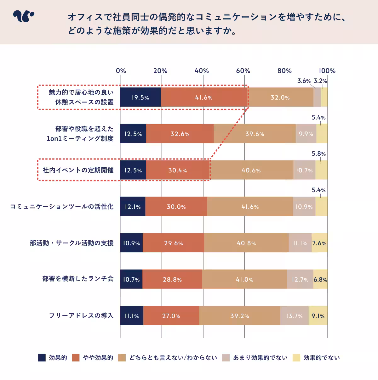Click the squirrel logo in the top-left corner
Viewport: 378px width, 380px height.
(23, 17)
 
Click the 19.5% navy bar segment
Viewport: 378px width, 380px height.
(140, 98)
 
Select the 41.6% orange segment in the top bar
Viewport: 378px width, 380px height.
(204, 98)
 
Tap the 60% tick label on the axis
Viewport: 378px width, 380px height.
(243, 71)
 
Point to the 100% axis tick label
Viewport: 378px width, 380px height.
(327, 71)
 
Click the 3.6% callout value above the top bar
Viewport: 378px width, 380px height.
(304, 81)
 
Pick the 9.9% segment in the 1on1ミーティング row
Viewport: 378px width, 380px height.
(306, 134)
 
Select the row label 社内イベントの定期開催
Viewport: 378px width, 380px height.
(78, 170)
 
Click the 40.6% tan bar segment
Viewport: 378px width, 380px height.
(251, 170)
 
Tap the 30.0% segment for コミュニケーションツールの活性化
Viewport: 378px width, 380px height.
(176, 207)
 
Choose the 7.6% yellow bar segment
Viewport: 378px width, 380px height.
(319, 243)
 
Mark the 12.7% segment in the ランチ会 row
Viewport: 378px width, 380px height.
(300, 279)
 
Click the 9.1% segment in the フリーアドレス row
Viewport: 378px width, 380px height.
(318, 316)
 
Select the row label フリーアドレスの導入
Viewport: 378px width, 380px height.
(81, 316)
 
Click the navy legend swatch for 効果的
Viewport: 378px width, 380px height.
(42, 358)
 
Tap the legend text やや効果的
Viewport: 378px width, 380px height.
(98, 358)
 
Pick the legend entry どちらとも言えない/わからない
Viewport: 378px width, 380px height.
(173, 358)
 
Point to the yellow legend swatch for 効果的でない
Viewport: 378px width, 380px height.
(296, 358)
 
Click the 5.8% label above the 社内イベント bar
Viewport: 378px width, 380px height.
(319, 154)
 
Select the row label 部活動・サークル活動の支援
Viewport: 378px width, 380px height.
(72, 243)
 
